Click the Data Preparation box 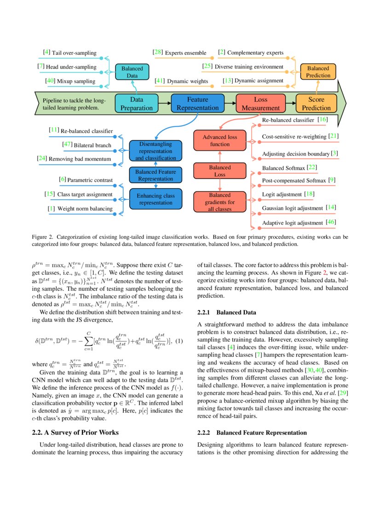(x=136, y=103)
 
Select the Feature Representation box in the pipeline (x=197, y=103)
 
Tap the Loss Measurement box (x=258, y=103)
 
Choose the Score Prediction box (x=316, y=103)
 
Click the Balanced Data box (x=132, y=72)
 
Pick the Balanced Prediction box (x=318, y=72)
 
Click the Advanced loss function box (x=220, y=140)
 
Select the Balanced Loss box (x=220, y=171)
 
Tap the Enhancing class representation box (x=155, y=199)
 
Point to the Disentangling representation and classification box (x=155, y=151)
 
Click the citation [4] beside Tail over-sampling (x=46, y=52)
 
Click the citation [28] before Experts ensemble (x=158, y=52)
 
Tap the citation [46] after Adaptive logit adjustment (x=330, y=223)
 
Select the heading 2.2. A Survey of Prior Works (x=75, y=432)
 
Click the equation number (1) (x=180, y=341)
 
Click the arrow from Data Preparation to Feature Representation (x=164, y=103)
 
